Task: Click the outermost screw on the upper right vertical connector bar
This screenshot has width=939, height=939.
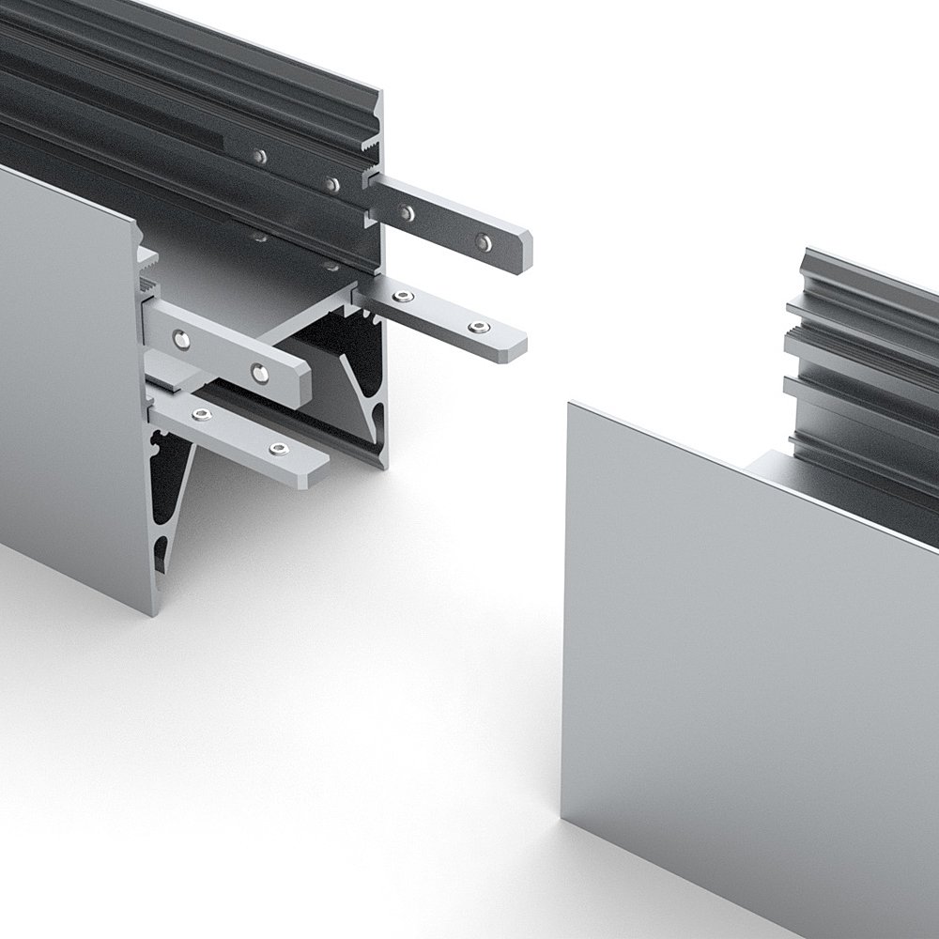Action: pyautogui.click(x=483, y=242)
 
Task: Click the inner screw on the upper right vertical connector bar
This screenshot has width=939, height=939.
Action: pyautogui.click(x=407, y=213)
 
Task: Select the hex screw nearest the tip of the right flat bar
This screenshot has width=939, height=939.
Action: pyautogui.click(x=480, y=327)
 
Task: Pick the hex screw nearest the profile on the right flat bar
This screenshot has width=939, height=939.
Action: pyautogui.click(x=404, y=299)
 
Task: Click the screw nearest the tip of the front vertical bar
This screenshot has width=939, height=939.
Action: pyautogui.click(x=259, y=374)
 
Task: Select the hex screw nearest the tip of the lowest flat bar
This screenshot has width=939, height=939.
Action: pyautogui.click(x=275, y=451)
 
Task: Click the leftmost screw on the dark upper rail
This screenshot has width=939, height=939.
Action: pyautogui.click(x=260, y=156)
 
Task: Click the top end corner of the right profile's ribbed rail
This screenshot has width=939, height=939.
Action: pyautogui.click(x=809, y=250)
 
